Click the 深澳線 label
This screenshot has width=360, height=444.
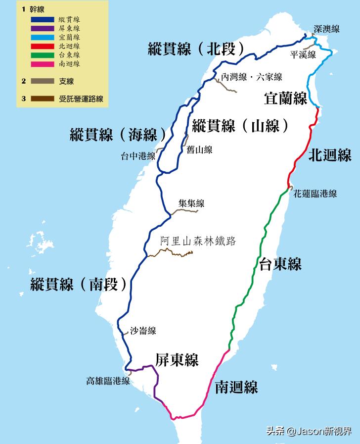tap(327, 29)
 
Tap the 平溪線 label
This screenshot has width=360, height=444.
tap(303, 54)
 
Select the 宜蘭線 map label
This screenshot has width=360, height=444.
tap(286, 99)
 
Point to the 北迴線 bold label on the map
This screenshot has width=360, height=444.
tap(330, 155)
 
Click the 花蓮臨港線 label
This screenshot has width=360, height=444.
tap(315, 194)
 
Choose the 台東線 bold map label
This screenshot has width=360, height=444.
tap(280, 264)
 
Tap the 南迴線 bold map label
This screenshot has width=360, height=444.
tap(236, 387)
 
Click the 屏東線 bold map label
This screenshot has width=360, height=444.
tap(177, 360)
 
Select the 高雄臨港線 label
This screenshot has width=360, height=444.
tap(108, 381)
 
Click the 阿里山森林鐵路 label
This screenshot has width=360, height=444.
tap(198, 242)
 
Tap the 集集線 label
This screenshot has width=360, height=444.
tap(191, 203)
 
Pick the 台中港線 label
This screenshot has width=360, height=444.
tap(138, 156)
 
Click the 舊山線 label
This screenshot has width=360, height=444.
tap(200, 149)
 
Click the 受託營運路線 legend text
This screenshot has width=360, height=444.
tap(81, 99)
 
